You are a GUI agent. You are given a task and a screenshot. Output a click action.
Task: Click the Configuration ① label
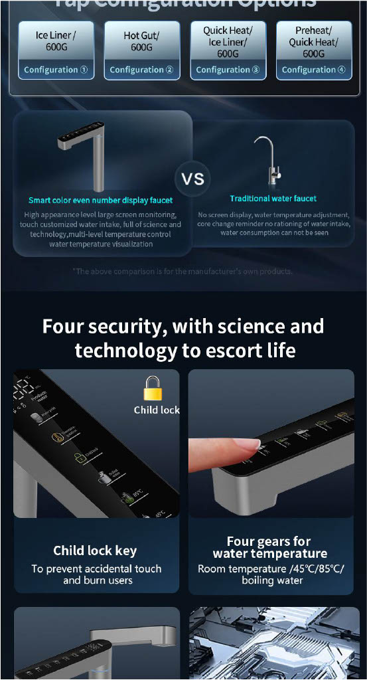(x=56, y=70)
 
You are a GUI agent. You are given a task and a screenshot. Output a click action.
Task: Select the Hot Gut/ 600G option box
(x=141, y=42)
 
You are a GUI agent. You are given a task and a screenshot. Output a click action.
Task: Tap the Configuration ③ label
(x=228, y=70)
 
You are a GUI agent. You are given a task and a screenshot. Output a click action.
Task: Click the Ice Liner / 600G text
(x=56, y=41)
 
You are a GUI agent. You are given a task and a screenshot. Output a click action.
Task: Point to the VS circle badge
(x=192, y=179)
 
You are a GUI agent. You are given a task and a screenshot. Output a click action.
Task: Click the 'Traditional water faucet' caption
(x=273, y=199)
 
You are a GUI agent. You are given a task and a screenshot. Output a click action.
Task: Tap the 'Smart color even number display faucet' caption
(x=100, y=200)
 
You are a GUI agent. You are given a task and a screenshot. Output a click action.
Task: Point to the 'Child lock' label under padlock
(x=157, y=410)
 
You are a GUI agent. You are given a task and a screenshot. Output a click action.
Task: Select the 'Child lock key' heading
(x=95, y=550)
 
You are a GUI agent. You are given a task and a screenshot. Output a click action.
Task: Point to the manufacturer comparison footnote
(x=183, y=271)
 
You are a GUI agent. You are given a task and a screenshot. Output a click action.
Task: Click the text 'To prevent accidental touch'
(x=96, y=568)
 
